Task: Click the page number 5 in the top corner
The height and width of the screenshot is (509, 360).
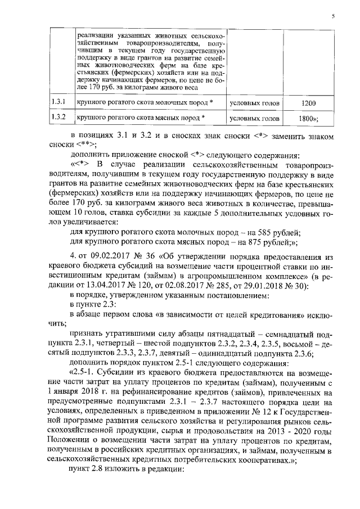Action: coord(333,16)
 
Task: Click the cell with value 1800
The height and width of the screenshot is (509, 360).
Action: coord(308,119)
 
